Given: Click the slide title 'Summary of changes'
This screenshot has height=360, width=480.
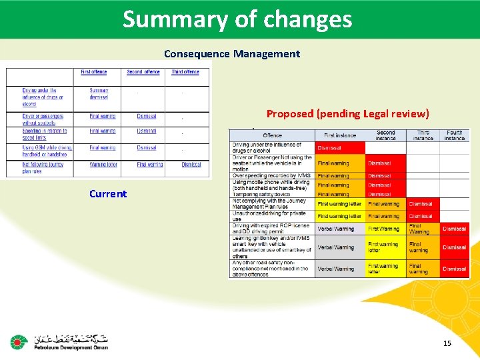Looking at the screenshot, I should (x=237, y=19).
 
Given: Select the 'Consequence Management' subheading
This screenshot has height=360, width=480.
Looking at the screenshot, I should (x=232, y=54).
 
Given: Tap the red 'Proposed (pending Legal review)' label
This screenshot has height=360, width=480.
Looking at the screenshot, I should (x=347, y=114).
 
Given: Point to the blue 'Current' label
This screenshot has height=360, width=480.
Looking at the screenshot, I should (x=108, y=194).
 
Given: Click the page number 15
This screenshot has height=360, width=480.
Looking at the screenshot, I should (x=447, y=343).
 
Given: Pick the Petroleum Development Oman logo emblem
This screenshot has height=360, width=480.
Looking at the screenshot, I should (x=18, y=343).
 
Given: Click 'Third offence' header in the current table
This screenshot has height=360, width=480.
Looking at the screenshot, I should (x=185, y=72).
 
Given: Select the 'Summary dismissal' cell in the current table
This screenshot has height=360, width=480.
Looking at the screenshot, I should (x=99, y=93).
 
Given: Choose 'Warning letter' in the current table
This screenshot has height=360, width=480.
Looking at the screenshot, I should (x=103, y=164).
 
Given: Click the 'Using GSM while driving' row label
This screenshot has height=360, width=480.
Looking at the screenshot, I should (x=47, y=151).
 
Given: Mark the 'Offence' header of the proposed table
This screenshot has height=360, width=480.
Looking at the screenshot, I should (x=272, y=135).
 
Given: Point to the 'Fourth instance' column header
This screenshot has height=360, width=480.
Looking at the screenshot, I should (x=454, y=135).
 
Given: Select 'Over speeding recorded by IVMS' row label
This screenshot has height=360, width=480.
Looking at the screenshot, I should (x=267, y=176).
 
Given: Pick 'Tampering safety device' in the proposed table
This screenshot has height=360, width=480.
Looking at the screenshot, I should (x=263, y=194).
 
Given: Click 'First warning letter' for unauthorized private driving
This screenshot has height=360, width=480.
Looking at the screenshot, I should (x=339, y=216).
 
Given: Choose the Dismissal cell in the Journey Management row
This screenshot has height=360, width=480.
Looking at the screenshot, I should (x=421, y=204).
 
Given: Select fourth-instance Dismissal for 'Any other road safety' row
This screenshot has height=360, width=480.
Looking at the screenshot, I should (x=454, y=269).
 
